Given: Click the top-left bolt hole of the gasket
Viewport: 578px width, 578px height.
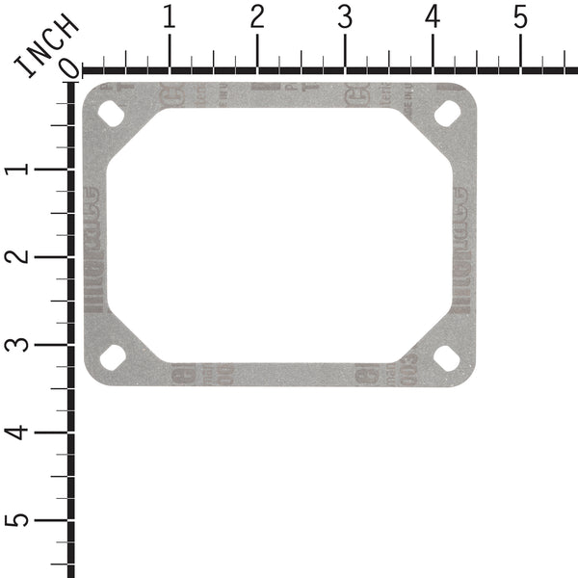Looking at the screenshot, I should pyautogui.click(x=112, y=113).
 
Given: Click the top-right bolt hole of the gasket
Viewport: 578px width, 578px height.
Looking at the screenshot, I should pyautogui.click(x=446, y=113).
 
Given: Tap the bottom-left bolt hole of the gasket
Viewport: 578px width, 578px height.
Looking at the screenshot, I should pyautogui.click(x=112, y=355).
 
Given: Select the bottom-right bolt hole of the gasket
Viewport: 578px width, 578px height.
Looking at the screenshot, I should pyautogui.click(x=446, y=355).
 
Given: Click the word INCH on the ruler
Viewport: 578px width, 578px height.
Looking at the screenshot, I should pyautogui.click(x=45, y=45).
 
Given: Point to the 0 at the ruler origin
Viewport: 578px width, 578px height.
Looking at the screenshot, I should pyautogui.click(x=68, y=67).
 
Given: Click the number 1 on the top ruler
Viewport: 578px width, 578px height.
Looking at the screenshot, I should pyautogui.click(x=170, y=17).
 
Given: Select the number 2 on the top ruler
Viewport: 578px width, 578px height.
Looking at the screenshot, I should pyautogui.click(x=257, y=17).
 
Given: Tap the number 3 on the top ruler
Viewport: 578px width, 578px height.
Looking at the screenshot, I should pyautogui.click(x=345, y=17).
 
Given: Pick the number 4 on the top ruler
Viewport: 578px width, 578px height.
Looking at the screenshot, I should pyautogui.click(x=433, y=17).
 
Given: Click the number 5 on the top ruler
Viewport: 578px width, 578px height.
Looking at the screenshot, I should pyautogui.click(x=520, y=17).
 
